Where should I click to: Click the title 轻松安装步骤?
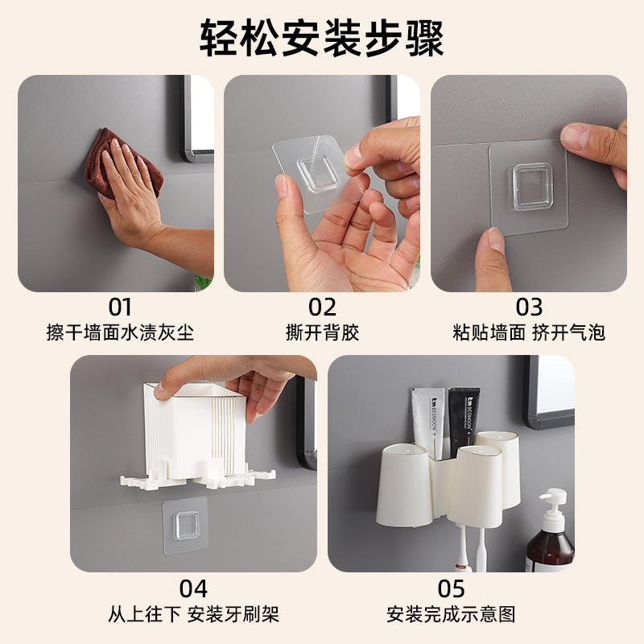[321, 39]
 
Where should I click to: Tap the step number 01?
[120, 308]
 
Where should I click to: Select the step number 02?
[322, 308]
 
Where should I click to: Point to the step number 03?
[529, 308]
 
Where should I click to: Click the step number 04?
[193, 589]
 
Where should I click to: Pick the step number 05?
[451, 589]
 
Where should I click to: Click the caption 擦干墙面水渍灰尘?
[120, 332]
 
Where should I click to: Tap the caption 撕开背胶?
[322, 332]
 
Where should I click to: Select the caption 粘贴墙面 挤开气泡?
[529, 332]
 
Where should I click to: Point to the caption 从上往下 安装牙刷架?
[193, 614]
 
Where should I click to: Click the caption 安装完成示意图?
[451, 614]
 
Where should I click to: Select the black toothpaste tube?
[464, 423]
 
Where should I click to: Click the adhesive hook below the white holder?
[185, 526]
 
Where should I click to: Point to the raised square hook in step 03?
[532, 187]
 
